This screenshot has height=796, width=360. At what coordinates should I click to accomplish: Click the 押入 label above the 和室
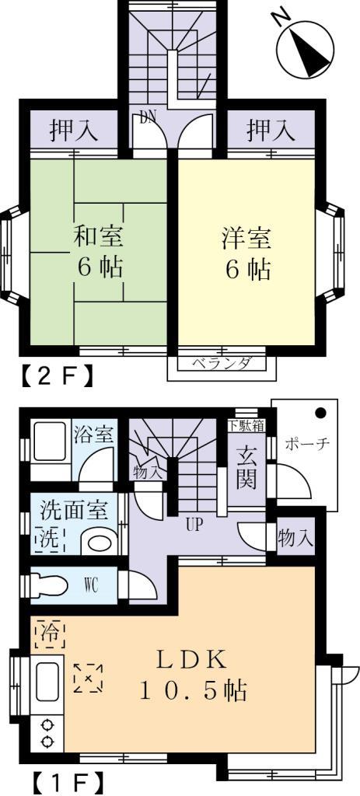click(74, 131)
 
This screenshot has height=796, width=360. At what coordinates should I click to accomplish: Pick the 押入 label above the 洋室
click(271, 131)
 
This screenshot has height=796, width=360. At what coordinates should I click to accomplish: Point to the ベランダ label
click(217, 364)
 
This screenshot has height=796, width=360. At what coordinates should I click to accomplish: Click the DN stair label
click(148, 118)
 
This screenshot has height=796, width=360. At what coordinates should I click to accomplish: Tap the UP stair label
click(194, 524)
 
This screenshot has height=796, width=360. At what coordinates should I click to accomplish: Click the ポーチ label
click(308, 444)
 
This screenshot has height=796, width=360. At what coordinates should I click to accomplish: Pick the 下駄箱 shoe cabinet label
click(246, 425)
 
